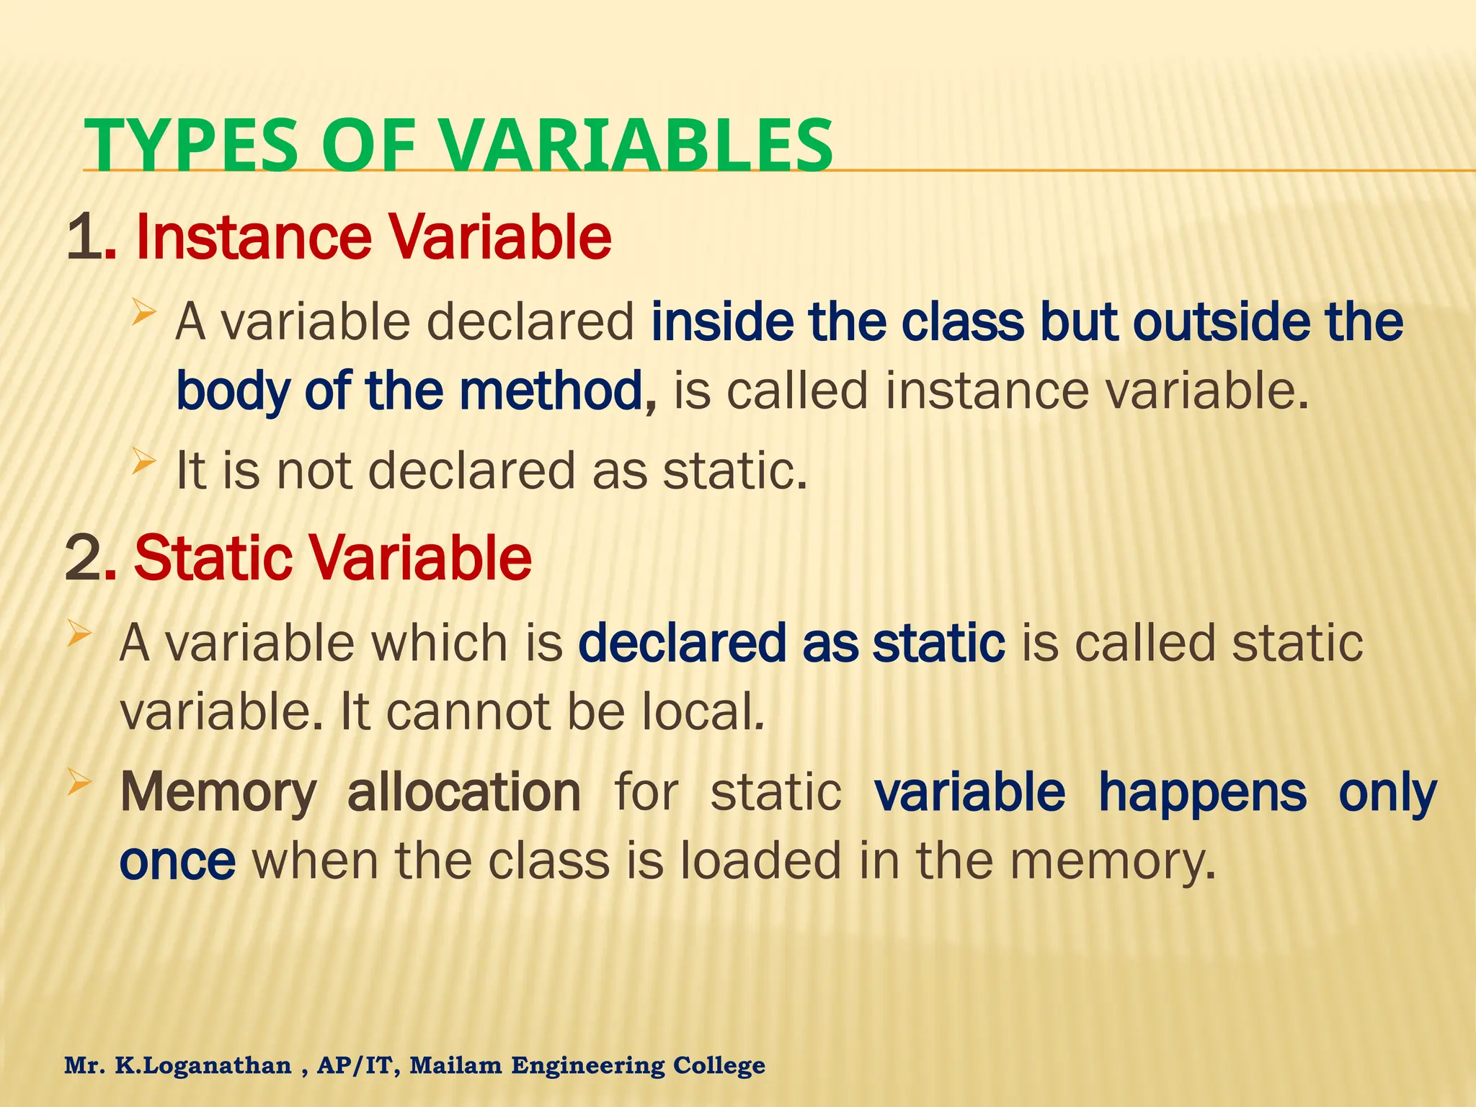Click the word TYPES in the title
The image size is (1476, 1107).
click(190, 146)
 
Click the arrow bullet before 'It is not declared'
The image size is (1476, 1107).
click(143, 461)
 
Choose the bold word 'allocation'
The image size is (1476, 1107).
click(463, 791)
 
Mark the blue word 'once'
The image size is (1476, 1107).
click(177, 862)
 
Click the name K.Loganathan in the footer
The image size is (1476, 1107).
click(203, 1065)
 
